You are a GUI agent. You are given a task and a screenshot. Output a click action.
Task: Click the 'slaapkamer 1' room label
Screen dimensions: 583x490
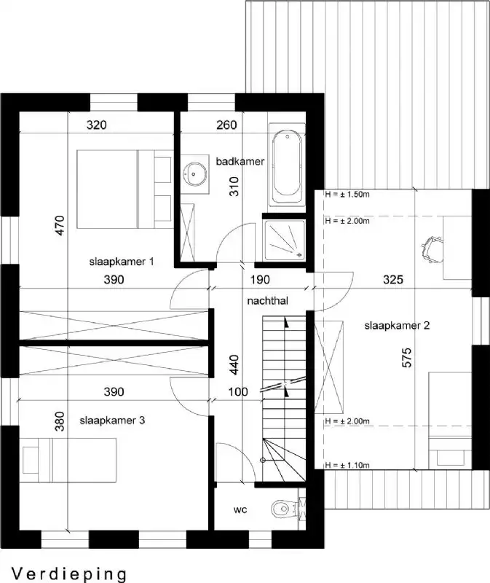tap(122, 262)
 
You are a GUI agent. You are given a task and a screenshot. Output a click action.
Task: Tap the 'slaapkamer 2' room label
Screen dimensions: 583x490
tap(397, 326)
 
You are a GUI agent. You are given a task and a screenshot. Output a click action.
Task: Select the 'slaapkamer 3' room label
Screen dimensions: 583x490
tap(112, 420)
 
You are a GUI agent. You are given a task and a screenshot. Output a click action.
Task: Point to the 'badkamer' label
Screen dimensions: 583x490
tap(240, 160)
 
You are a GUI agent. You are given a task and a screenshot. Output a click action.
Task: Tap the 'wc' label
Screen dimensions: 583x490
tap(240, 509)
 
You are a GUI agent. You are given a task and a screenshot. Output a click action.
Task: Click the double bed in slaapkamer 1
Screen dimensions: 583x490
tap(124, 189)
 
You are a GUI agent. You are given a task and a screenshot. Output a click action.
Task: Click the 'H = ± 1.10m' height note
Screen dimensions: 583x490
tap(348, 464)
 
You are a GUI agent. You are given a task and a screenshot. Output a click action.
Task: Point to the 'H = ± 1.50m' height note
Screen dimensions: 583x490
tap(348, 195)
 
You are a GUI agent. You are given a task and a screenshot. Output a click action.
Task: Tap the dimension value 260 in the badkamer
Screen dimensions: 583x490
tap(226, 125)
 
